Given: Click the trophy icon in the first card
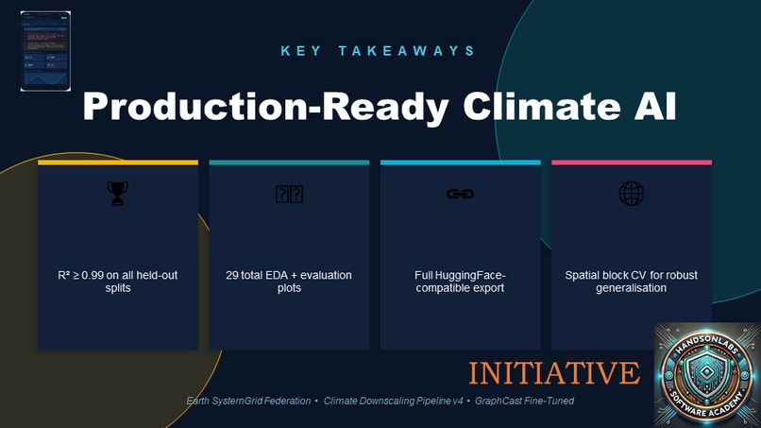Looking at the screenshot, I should (x=117, y=194).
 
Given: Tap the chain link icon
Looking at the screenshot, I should (x=460, y=194).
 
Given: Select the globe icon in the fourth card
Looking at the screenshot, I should (x=631, y=194).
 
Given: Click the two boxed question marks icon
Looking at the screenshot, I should (x=289, y=194).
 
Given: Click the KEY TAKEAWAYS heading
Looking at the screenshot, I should (x=379, y=50).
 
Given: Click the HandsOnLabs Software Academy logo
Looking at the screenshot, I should (x=707, y=374).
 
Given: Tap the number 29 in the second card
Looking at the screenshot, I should (x=233, y=275).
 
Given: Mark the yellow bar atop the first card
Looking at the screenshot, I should (x=117, y=163).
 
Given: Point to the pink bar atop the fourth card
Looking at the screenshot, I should (x=631, y=163).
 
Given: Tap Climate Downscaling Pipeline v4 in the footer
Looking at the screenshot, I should (x=394, y=402).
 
